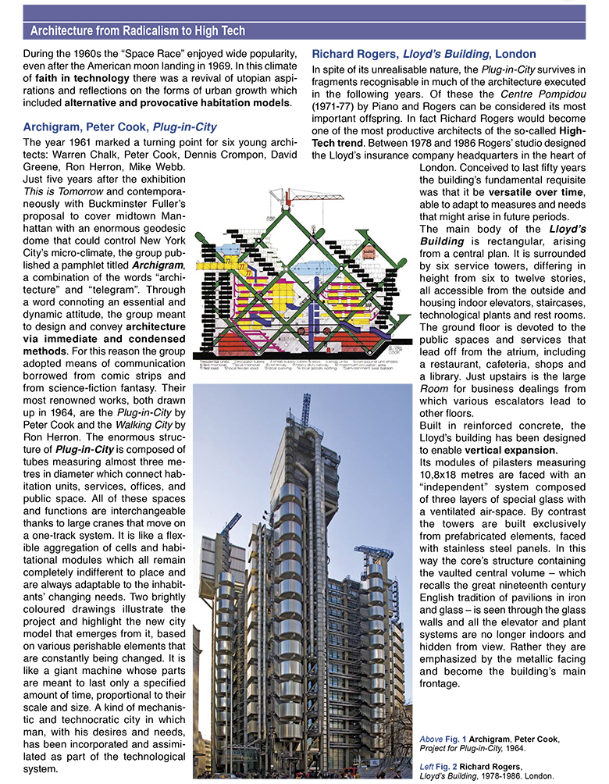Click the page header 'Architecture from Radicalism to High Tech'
(137, 30)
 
